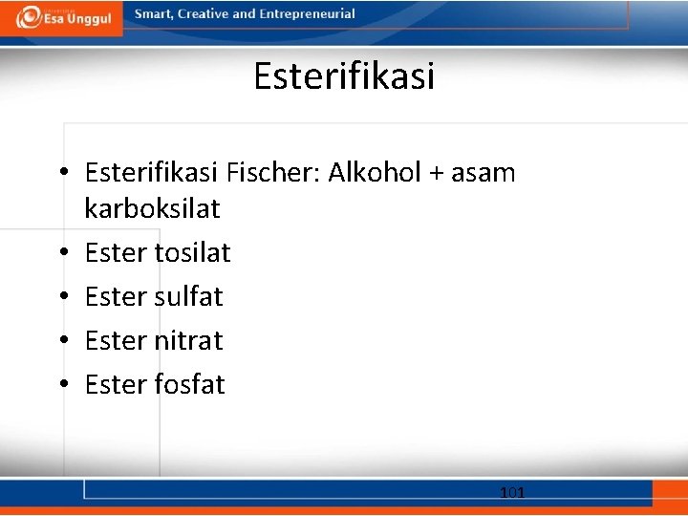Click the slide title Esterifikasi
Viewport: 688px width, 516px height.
pos(344,75)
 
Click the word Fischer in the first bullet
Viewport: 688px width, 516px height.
pos(273,173)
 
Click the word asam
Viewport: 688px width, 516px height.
pos(483,174)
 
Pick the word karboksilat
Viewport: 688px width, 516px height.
pos(152,208)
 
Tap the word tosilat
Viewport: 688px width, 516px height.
pos(192,252)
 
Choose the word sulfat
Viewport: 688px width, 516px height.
pos(188,296)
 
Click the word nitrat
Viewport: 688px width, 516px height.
pos(188,340)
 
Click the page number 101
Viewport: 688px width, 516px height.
pos(512,493)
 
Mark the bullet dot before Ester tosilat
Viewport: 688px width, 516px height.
pos(63,253)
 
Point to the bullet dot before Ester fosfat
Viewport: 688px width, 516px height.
pos(63,385)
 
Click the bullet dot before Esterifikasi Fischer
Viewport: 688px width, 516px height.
pos(63,174)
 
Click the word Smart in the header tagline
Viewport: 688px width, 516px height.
pos(153,14)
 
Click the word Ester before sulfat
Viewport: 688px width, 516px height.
pos(115,296)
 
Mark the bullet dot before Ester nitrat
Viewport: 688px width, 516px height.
pos(63,341)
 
